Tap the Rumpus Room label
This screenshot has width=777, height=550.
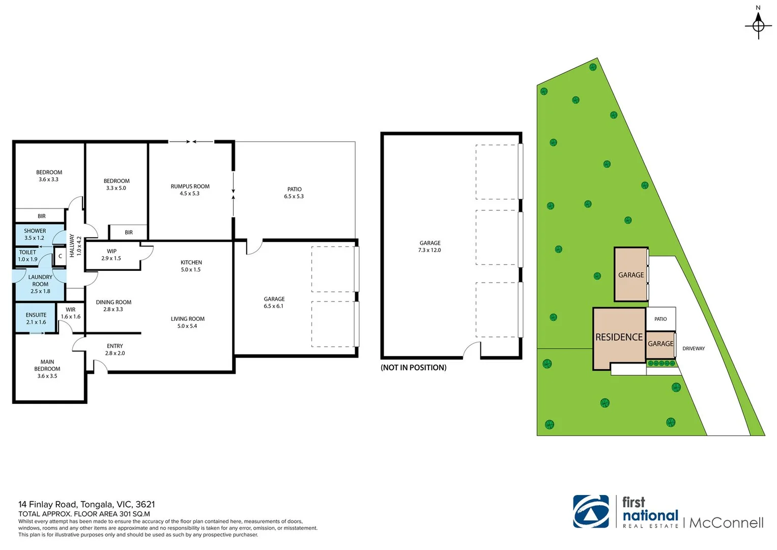(x=190, y=189)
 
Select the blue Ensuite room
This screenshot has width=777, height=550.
(x=36, y=318)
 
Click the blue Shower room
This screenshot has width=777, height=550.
(x=35, y=234)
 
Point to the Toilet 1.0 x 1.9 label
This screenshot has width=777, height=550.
(x=27, y=256)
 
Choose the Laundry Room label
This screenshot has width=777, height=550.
(x=40, y=284)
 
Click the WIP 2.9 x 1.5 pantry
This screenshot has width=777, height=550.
(x=111, y=255)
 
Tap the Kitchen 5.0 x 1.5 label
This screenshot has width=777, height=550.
(x=191, y=266)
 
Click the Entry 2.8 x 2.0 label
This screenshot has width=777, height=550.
(x=115, y=349)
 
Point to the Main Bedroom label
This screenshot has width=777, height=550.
(x=47, y=369)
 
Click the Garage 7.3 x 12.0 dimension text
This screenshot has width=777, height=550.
(x=429, y=250)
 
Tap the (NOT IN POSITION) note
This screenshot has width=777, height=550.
(x=413, y=368)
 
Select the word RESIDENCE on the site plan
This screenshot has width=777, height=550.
(x=619, y=337)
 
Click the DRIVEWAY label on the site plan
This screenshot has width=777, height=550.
(x=693, y=349)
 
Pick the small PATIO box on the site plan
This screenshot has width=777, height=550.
(x=660, y=319)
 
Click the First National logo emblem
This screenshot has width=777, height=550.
(x=591, y=511)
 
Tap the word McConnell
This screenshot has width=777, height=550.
(x=726, y=523)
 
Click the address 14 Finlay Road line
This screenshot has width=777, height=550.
(x=87, y=504)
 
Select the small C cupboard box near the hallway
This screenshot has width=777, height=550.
(x=60, y=256)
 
